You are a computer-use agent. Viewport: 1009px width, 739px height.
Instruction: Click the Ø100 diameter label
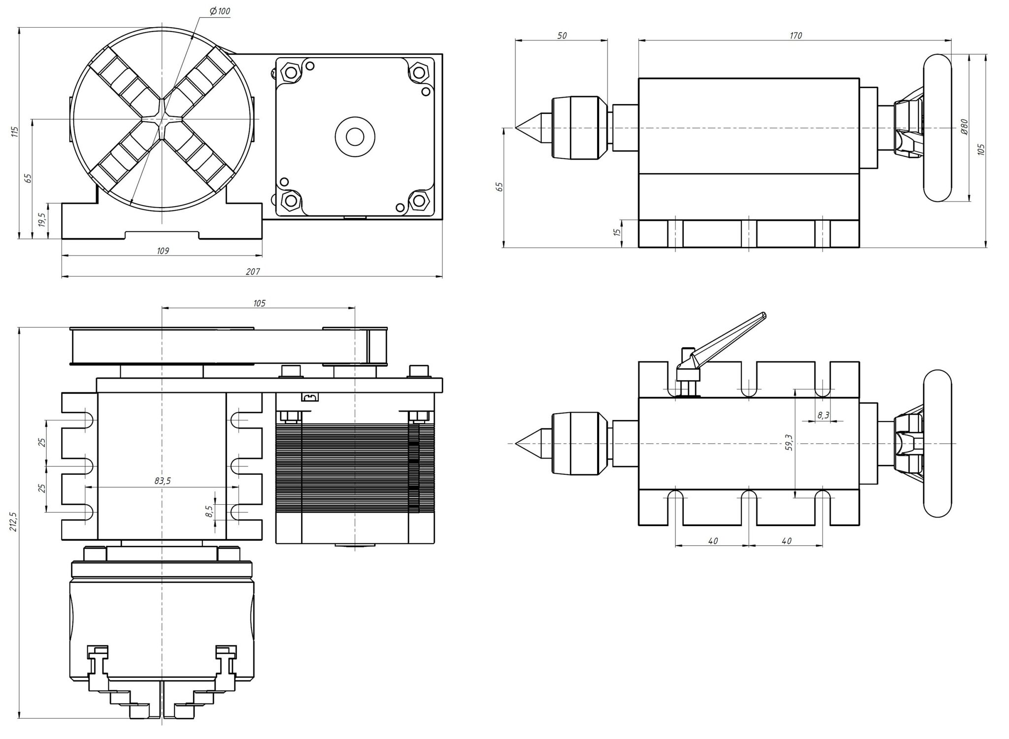220,11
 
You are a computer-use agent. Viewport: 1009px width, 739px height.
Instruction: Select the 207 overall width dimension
252,272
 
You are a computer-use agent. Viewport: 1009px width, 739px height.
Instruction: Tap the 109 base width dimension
163,251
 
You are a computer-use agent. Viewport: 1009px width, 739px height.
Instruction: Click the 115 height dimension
15,132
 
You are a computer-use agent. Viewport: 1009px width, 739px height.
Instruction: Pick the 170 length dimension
795,35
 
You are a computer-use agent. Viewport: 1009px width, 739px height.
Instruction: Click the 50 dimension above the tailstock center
562,35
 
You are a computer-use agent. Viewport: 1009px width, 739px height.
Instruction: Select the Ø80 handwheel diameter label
964,127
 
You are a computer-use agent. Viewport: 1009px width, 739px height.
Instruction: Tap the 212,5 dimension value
13,521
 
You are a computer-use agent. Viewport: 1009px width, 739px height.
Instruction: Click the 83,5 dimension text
162,481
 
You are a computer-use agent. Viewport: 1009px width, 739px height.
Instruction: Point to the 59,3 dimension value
789,443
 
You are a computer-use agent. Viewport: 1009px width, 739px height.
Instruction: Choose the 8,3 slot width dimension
823,415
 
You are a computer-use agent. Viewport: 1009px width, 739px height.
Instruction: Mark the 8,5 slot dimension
209,511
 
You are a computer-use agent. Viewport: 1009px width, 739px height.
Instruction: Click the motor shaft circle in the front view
355,137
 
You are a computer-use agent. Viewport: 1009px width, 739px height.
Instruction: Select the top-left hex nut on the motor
289,72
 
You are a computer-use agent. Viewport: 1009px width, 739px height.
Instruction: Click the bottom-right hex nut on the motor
418,201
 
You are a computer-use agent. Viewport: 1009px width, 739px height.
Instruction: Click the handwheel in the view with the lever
937,444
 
